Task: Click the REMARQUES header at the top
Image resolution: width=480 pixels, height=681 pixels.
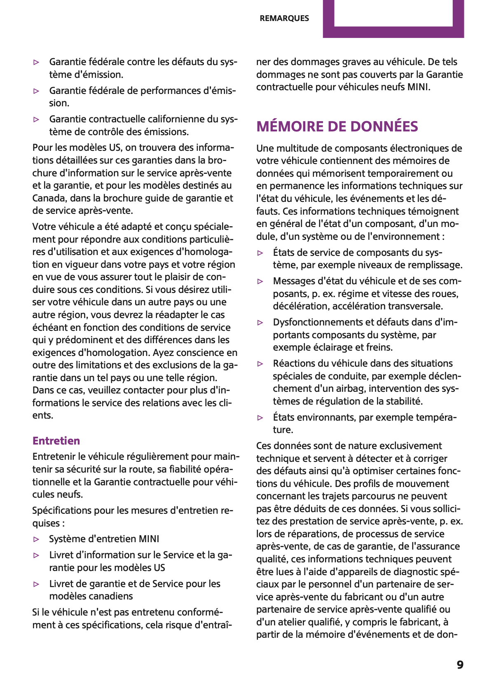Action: pos(284,18)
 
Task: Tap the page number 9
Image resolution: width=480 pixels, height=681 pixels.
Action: pos(460,665)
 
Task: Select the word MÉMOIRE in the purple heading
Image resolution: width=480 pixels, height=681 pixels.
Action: pos(290,126)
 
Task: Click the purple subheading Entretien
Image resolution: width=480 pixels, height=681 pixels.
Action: pos(56,440)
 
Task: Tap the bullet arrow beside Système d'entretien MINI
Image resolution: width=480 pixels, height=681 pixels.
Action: pos(37,539)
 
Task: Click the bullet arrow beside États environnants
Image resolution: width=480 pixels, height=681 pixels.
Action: pos(260,418)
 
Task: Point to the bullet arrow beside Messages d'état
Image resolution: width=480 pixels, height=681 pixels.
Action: pos(260,281)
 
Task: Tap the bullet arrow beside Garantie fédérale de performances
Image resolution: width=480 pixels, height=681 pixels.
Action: pos(37,91)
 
